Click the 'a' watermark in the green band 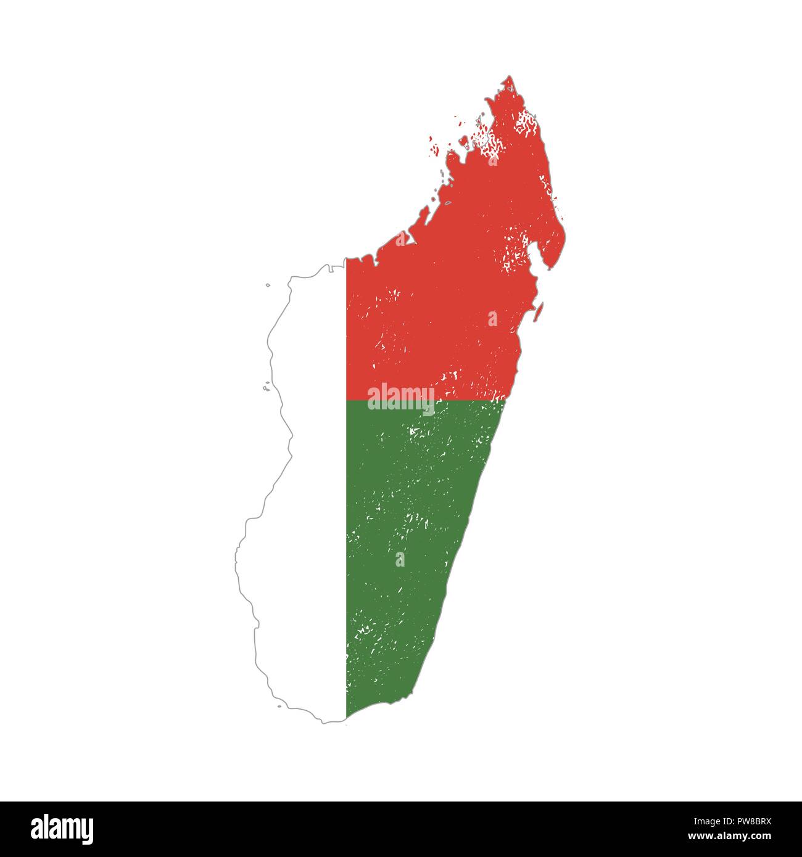click(400, 559)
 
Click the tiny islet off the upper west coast click(268, 285)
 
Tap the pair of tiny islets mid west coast click(266, 388)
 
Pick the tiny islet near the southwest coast click(279, 706)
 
